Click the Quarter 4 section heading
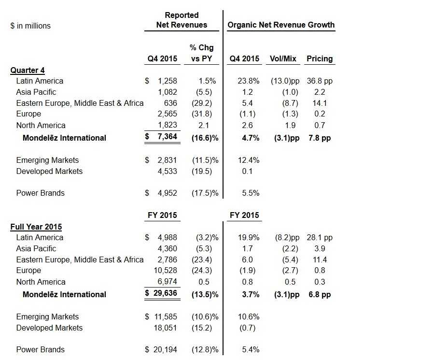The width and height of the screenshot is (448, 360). point(28,71)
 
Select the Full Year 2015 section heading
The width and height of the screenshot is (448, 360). point(36,227)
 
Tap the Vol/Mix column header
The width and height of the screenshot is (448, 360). point(283,58)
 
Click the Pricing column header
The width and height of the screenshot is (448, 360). point(320,58)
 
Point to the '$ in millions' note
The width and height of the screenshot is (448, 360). point(30,26)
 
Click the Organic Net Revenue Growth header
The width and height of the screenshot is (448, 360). point(281,25)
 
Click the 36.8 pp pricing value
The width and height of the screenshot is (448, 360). point(320,81)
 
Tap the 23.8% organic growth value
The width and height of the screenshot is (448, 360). point(249,81)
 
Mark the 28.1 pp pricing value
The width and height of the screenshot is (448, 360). point(320,238)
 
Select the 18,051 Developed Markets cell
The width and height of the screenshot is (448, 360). point(165,328)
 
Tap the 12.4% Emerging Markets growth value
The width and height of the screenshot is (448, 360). point(249,160)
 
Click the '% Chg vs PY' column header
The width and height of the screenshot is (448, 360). point(203,53)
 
